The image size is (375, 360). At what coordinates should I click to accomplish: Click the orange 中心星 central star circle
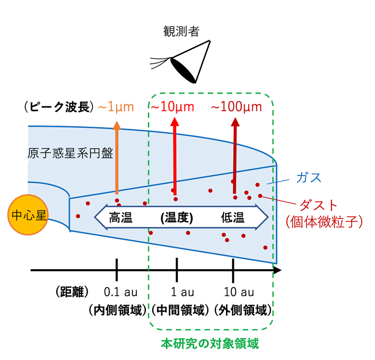(x=28, y=215)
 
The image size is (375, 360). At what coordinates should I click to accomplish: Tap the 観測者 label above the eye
(x=181, y=31)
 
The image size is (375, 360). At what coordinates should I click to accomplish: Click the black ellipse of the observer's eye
(x=183, y=71)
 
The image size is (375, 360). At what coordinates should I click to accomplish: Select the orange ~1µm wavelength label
(x=116, y=107)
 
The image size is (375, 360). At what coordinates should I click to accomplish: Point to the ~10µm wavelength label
(x=172, y=107)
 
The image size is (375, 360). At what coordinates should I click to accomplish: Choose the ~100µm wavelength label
(x=237, y=107)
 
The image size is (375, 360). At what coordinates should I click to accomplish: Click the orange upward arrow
(x=117, y=157)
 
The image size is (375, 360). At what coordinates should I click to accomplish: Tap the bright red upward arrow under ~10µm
(x=175, y=156)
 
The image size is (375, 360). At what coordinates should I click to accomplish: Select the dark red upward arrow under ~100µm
(x=235, y=156)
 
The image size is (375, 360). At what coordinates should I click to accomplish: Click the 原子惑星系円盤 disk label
(x=70, y=153)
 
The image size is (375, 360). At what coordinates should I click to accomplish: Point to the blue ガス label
(x=308, y=178)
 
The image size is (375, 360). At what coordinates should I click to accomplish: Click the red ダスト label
(x=319, y=205)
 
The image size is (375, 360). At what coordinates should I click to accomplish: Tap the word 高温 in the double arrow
(x=120, y=217)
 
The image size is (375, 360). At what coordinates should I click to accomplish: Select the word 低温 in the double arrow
(x=232, y=217)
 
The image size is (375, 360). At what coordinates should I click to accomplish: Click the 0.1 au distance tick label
(x=120, y=292)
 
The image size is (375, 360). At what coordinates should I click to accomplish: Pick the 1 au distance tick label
(x=182, y=292)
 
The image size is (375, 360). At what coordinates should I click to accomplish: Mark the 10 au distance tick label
(x=239, y=292)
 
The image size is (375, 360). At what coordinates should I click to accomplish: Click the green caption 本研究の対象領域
(x=210, y=344)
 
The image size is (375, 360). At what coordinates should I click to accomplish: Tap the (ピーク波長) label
(x=59, y=107)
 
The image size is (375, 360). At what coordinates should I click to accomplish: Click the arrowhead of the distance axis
(x=278, y=270)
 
